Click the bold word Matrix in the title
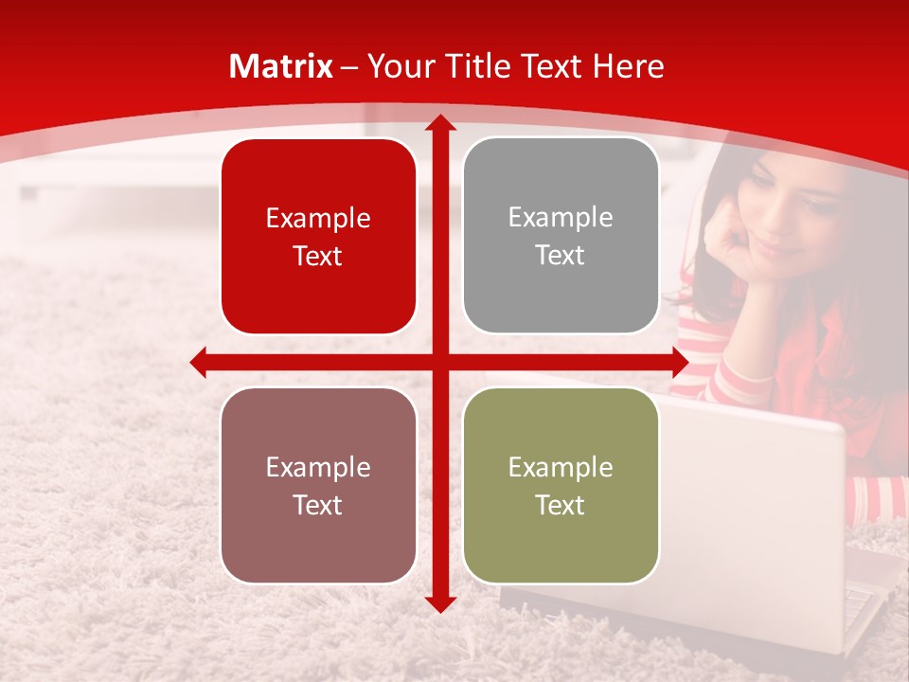(281, 66)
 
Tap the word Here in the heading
(628, 66)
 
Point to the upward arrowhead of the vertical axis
(440, 123)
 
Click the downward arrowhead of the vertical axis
(440, 603)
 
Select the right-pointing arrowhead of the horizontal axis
(679, 363)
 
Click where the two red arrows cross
(440, 363)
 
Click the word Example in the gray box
(561, 218)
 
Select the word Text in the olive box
(561, 505)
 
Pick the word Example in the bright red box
(318, 219)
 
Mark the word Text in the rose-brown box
(318, 505)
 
